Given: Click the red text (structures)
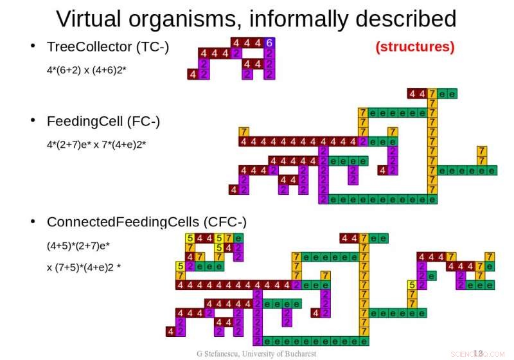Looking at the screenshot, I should (x=414, y=47).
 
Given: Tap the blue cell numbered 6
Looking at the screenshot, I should (x=269, y=43).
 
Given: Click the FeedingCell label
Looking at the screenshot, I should (x=85, y=122).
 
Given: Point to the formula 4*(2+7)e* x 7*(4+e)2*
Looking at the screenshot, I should (x=96, y=144).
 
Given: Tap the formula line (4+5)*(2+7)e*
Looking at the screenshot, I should (x=78, y=245).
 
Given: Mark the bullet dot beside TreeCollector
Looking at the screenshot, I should (x=33, y=47).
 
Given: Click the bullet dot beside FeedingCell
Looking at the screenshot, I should (x=33, y=122).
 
